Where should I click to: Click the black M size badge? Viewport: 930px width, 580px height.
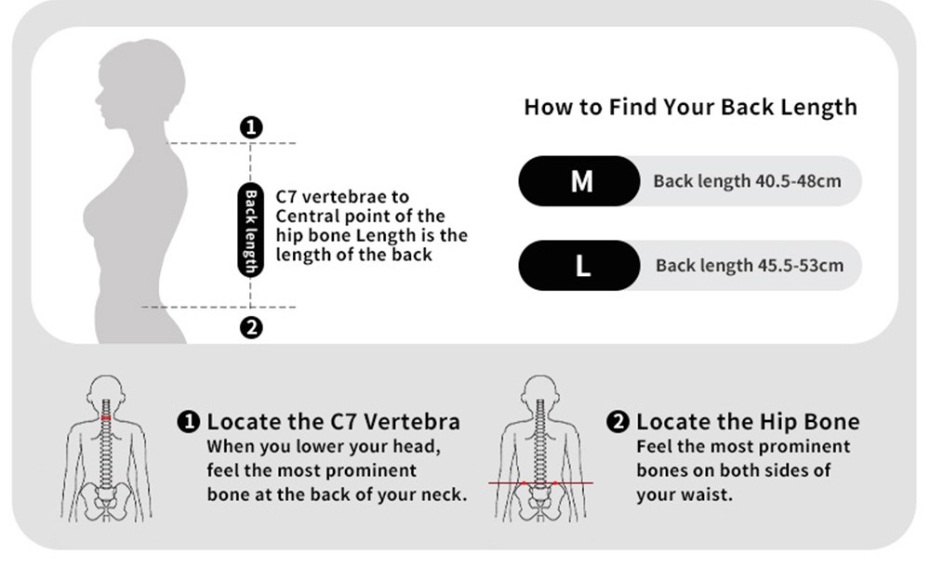[x=578, y=181]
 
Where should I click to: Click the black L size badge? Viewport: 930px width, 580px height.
[x=578, y=265]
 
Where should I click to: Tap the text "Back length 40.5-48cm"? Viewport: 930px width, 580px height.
[x=747, y=181]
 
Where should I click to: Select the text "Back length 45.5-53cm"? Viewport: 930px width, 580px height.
[x=749, y=265]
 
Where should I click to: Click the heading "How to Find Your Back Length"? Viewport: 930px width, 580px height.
[x=690, y=107]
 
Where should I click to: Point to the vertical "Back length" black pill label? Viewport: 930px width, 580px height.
[x=250, y=231]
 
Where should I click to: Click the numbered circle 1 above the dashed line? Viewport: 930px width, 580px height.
[x=251, y=127]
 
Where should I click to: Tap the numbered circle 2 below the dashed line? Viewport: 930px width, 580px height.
[x=251, y=327]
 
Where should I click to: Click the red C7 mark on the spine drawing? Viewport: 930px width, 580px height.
[x=106, y=418]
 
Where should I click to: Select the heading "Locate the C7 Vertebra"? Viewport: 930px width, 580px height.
[x=333, y=422]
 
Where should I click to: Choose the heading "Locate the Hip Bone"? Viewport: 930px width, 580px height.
[x=748, y=422]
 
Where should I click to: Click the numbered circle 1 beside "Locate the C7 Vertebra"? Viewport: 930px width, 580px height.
[x=189, y=422]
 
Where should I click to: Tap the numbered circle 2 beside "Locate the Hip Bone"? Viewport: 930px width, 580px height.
[x=618, y=422]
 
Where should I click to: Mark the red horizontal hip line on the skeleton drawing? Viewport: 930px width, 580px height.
[x=540, y=483]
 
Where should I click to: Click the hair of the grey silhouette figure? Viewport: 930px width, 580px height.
[x=145, y=68]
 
